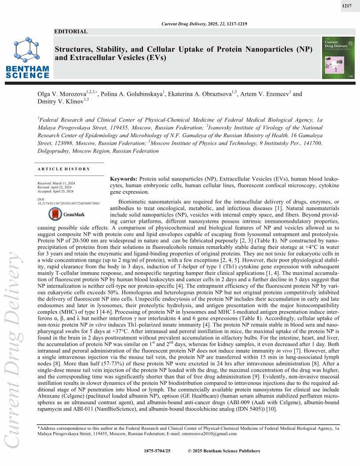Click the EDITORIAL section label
(71, 31)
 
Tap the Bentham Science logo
(27, 57)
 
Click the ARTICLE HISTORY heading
(64, 169)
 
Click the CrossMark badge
(62, 214)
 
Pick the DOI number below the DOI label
(68, 203)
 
